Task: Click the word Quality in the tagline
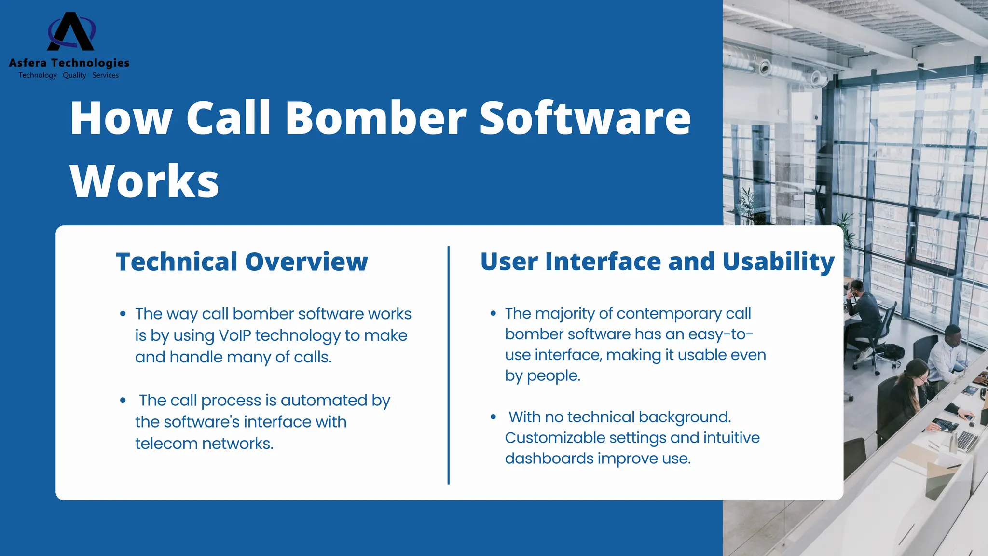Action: (x=74, y=75)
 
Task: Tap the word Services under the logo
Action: (x=105, y=75)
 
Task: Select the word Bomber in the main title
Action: (x=375, y=118)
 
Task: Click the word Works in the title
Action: (x=144, y=181)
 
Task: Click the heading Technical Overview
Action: (x=242, y=262)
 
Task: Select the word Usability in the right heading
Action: (x=778, y=262)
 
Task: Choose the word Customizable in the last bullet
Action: (x=555, y=438)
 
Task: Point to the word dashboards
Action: (x=549, y=459)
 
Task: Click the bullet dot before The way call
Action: (x=123, y=314)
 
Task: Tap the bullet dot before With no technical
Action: (x=493, y=417)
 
